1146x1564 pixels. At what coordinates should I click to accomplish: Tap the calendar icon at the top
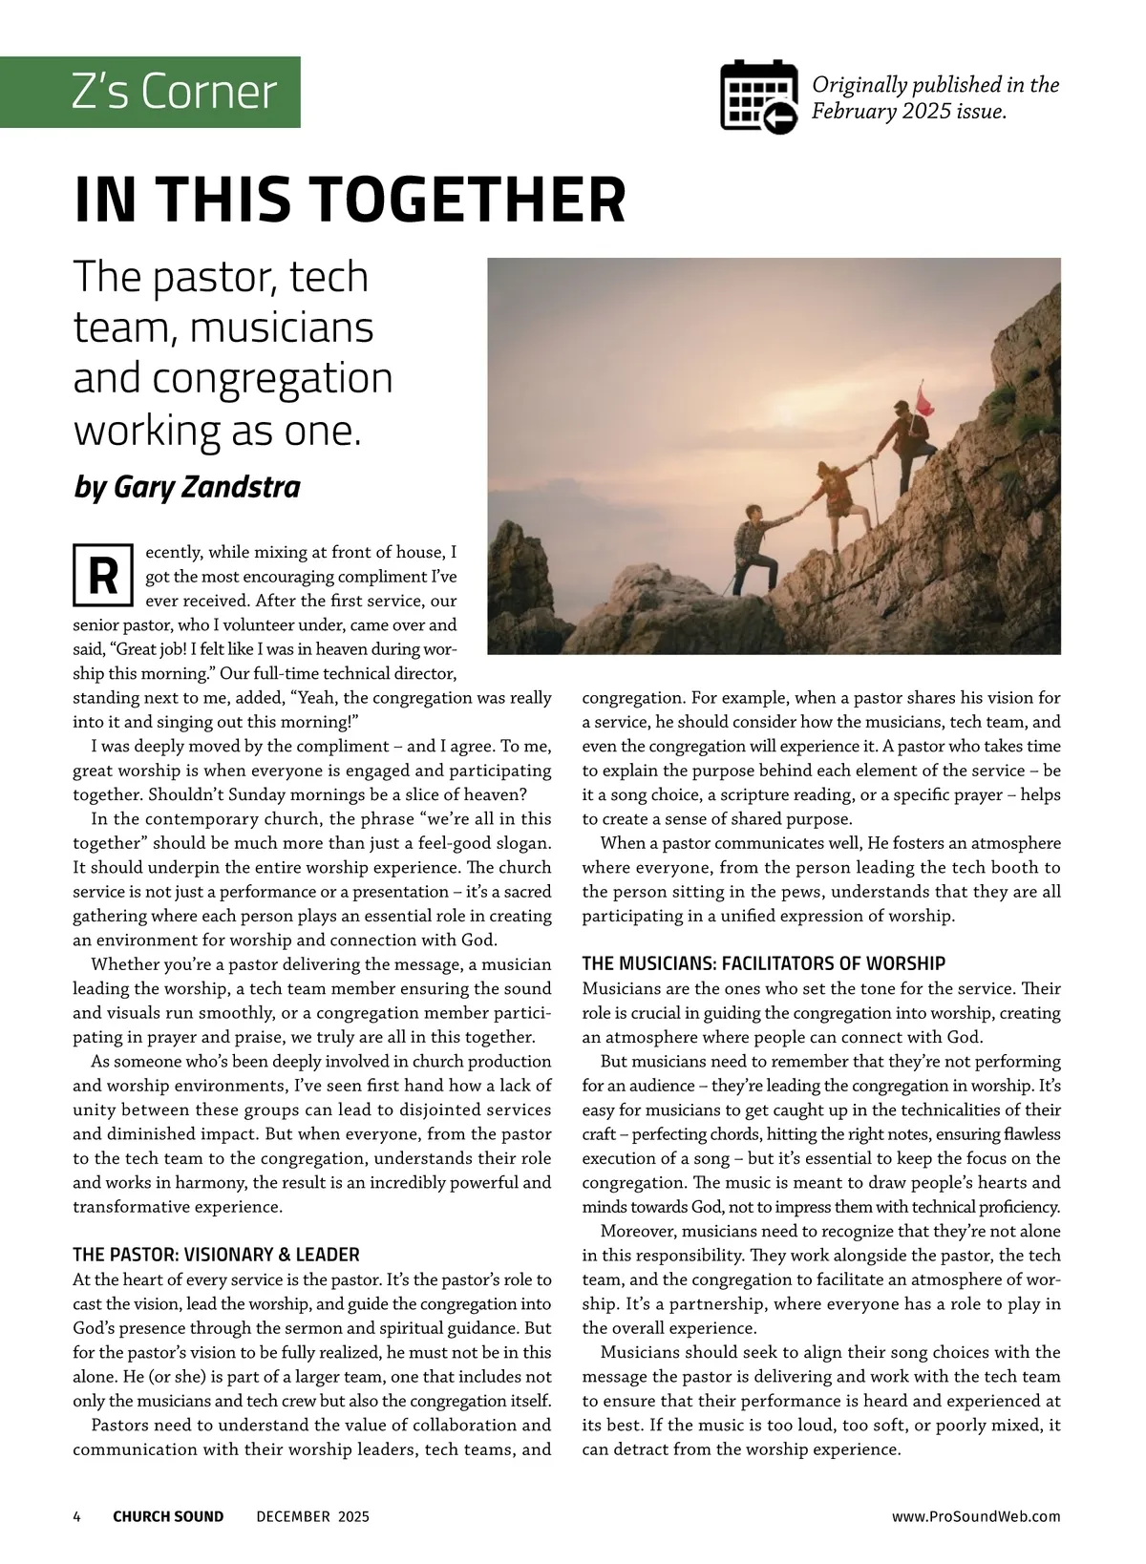tap(758, 96)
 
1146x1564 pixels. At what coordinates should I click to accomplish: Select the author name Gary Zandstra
tap(206, 487)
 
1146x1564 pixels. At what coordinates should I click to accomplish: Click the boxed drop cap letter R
tap(102, 576)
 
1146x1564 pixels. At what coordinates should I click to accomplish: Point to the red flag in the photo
tap(923, 399)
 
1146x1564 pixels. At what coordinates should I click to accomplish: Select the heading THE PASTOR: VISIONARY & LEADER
tap(216, 1255)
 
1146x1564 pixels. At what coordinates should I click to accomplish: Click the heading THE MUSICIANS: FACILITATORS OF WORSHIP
tap(763, 963)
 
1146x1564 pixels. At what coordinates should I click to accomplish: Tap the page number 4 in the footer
tap(77, 1516)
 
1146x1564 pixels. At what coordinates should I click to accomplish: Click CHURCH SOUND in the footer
tap(168, 1516)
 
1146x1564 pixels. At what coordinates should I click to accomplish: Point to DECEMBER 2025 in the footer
tap(312, 1516)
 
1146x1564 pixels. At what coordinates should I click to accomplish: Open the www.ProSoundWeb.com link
tap(976, 1516)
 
